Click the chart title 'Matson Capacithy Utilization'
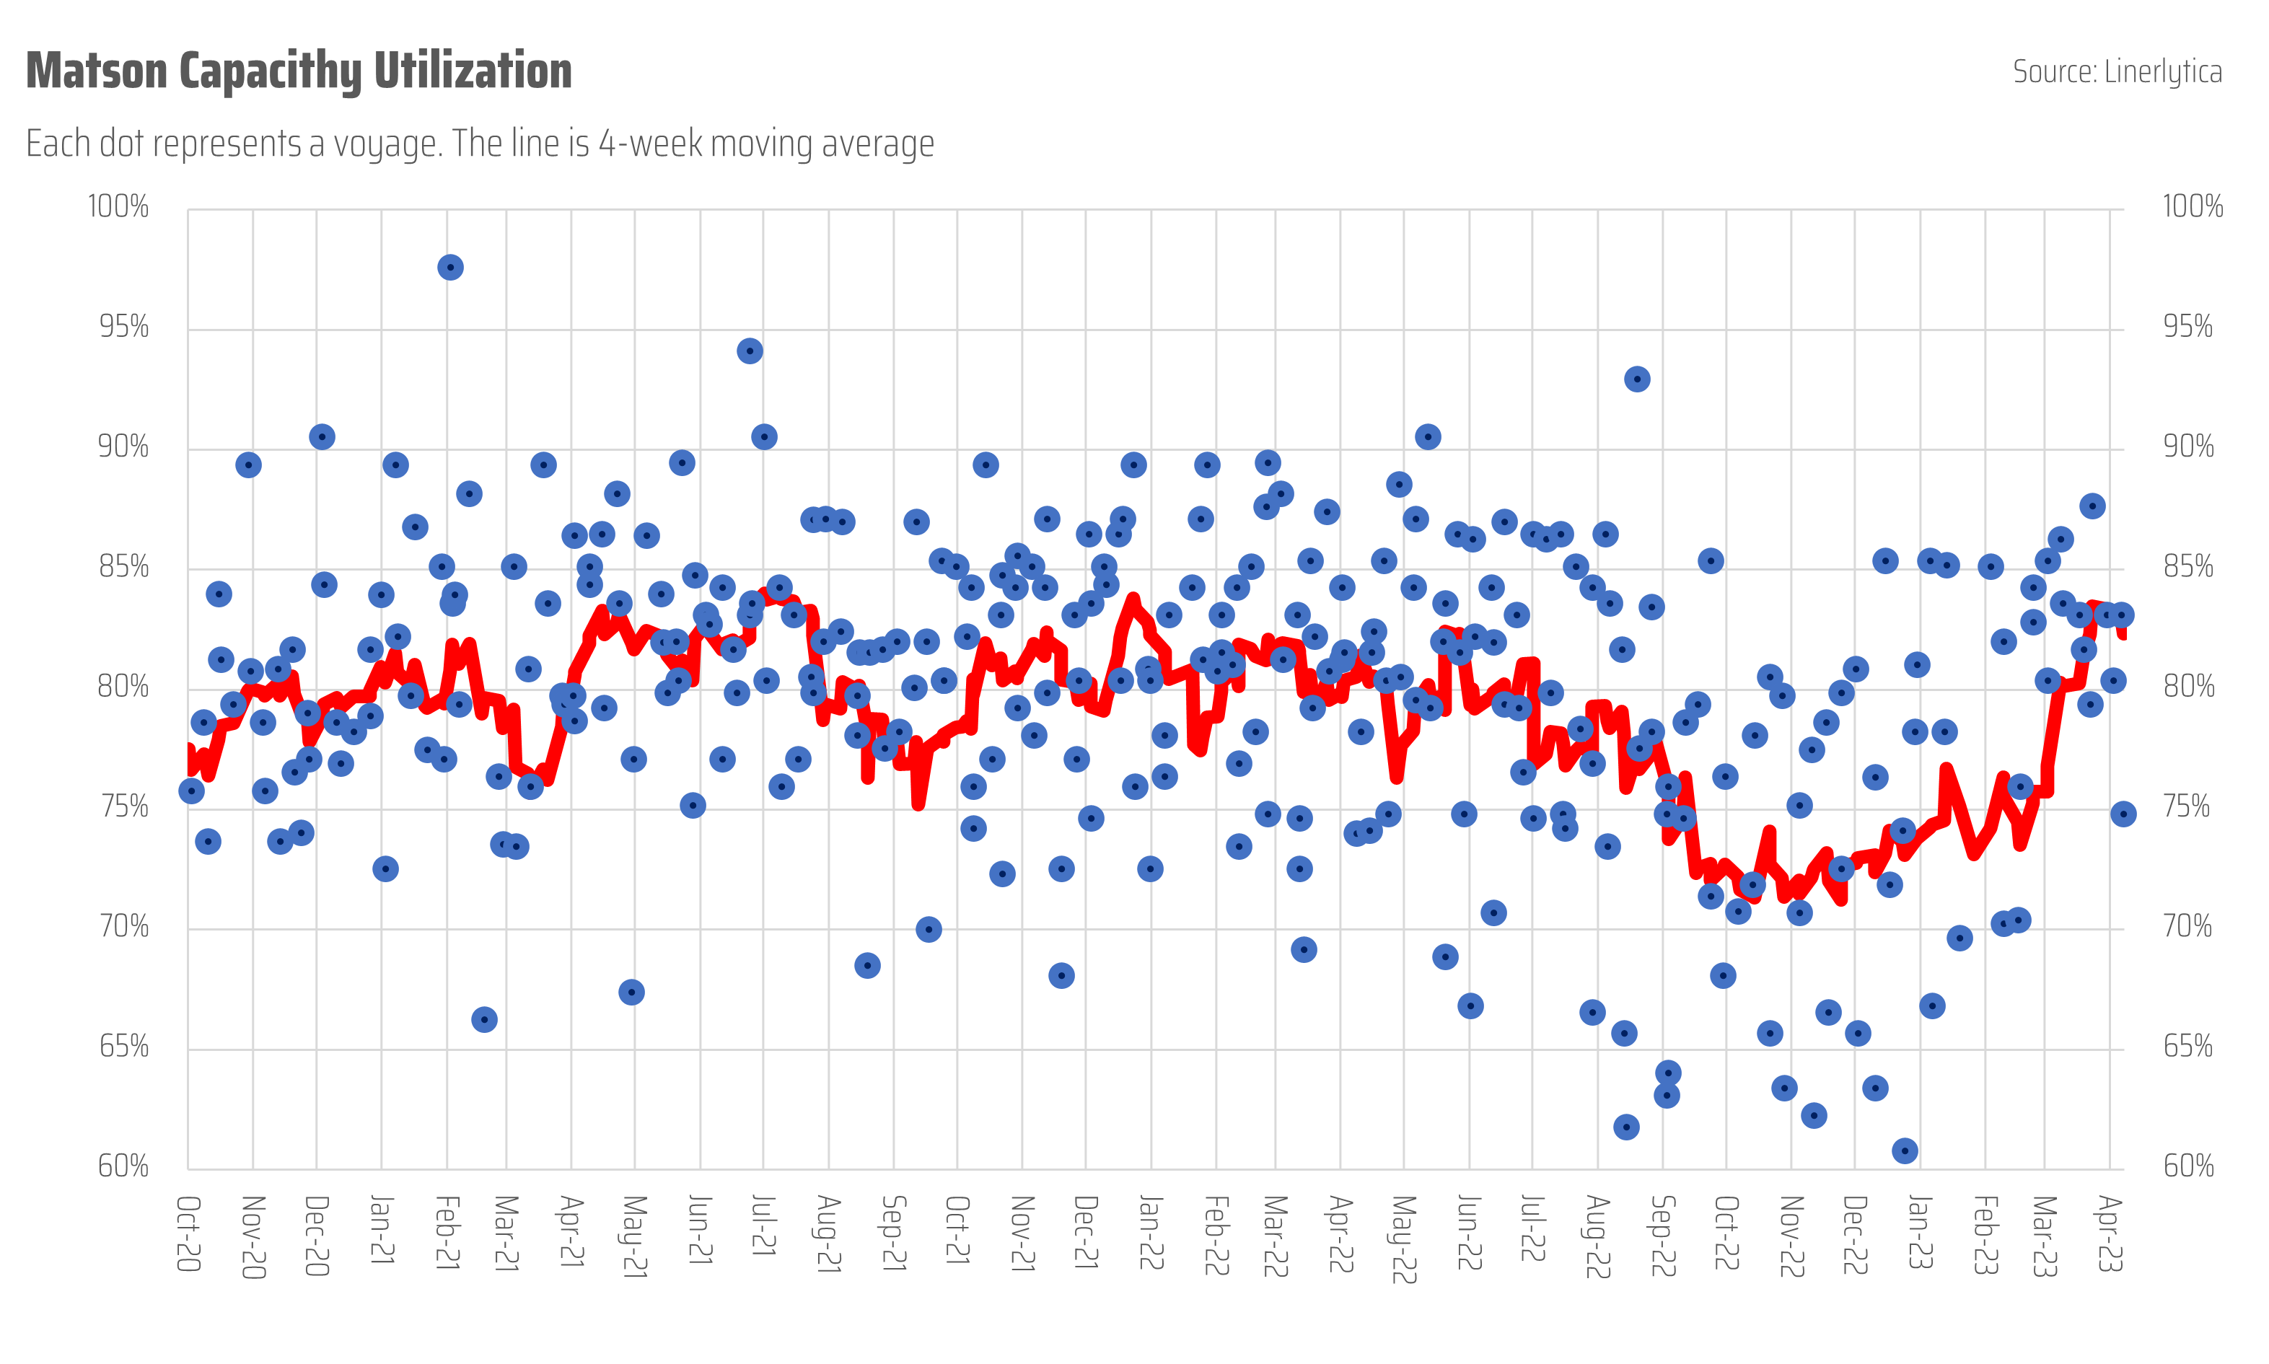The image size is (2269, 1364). click(x=299, y=71)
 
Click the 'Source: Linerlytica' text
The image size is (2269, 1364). click(x=2116, y=71)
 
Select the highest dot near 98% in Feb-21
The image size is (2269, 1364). click(x=449, y=268)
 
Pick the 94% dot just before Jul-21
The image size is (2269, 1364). click(x=750, y=351)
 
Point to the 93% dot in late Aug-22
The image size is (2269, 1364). click(x=1636, y=379)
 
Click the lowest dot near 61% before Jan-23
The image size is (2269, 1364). click(x=1904, y=1150)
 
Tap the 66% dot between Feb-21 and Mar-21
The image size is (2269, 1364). click(x=485, y=1019)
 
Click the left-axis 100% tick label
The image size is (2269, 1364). click(x=118, y=206)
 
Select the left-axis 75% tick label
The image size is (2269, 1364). click(x=124, y=806)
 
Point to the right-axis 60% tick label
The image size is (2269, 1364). click(x=2188, y=1166)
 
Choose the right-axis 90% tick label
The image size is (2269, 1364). click(x=2188, y=446)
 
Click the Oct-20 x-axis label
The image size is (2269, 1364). click(x=188, y=1233)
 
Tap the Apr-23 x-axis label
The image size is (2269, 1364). click(x=2109, y=1233)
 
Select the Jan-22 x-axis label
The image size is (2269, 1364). click(x=1150, y=1233)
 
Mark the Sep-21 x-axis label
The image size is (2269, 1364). click(x=894, y=1233)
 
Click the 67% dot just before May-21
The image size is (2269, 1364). click(x=631, y=992)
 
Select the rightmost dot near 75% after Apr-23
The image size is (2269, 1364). click(x=2123, y=814)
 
